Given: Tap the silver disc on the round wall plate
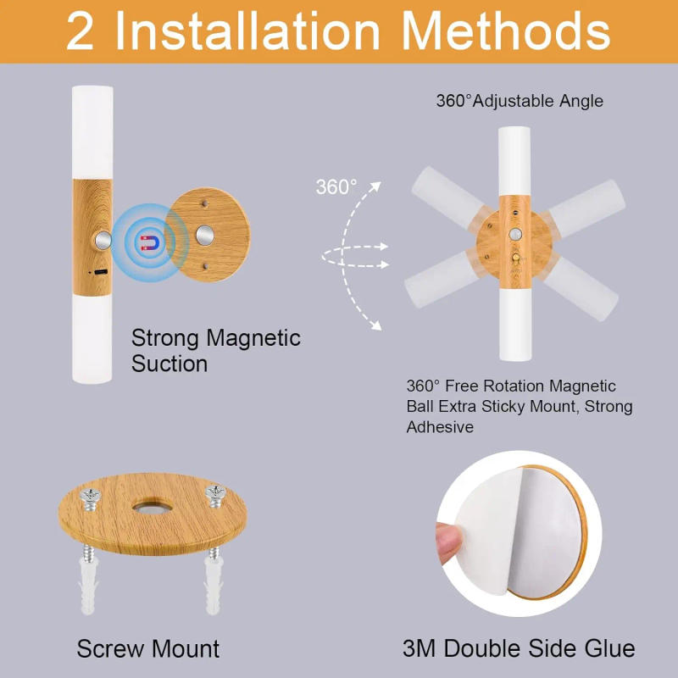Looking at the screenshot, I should [x=204, y=235].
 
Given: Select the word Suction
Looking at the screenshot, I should [x=169, y=364].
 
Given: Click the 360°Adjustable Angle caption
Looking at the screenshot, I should [x=520, y=101].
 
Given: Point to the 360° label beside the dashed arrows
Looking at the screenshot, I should [x=336, y=186].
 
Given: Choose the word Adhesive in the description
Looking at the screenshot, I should [x=439, y=427].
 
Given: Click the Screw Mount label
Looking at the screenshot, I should [x=148, y=649].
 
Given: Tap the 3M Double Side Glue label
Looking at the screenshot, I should [x=519, y=649].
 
